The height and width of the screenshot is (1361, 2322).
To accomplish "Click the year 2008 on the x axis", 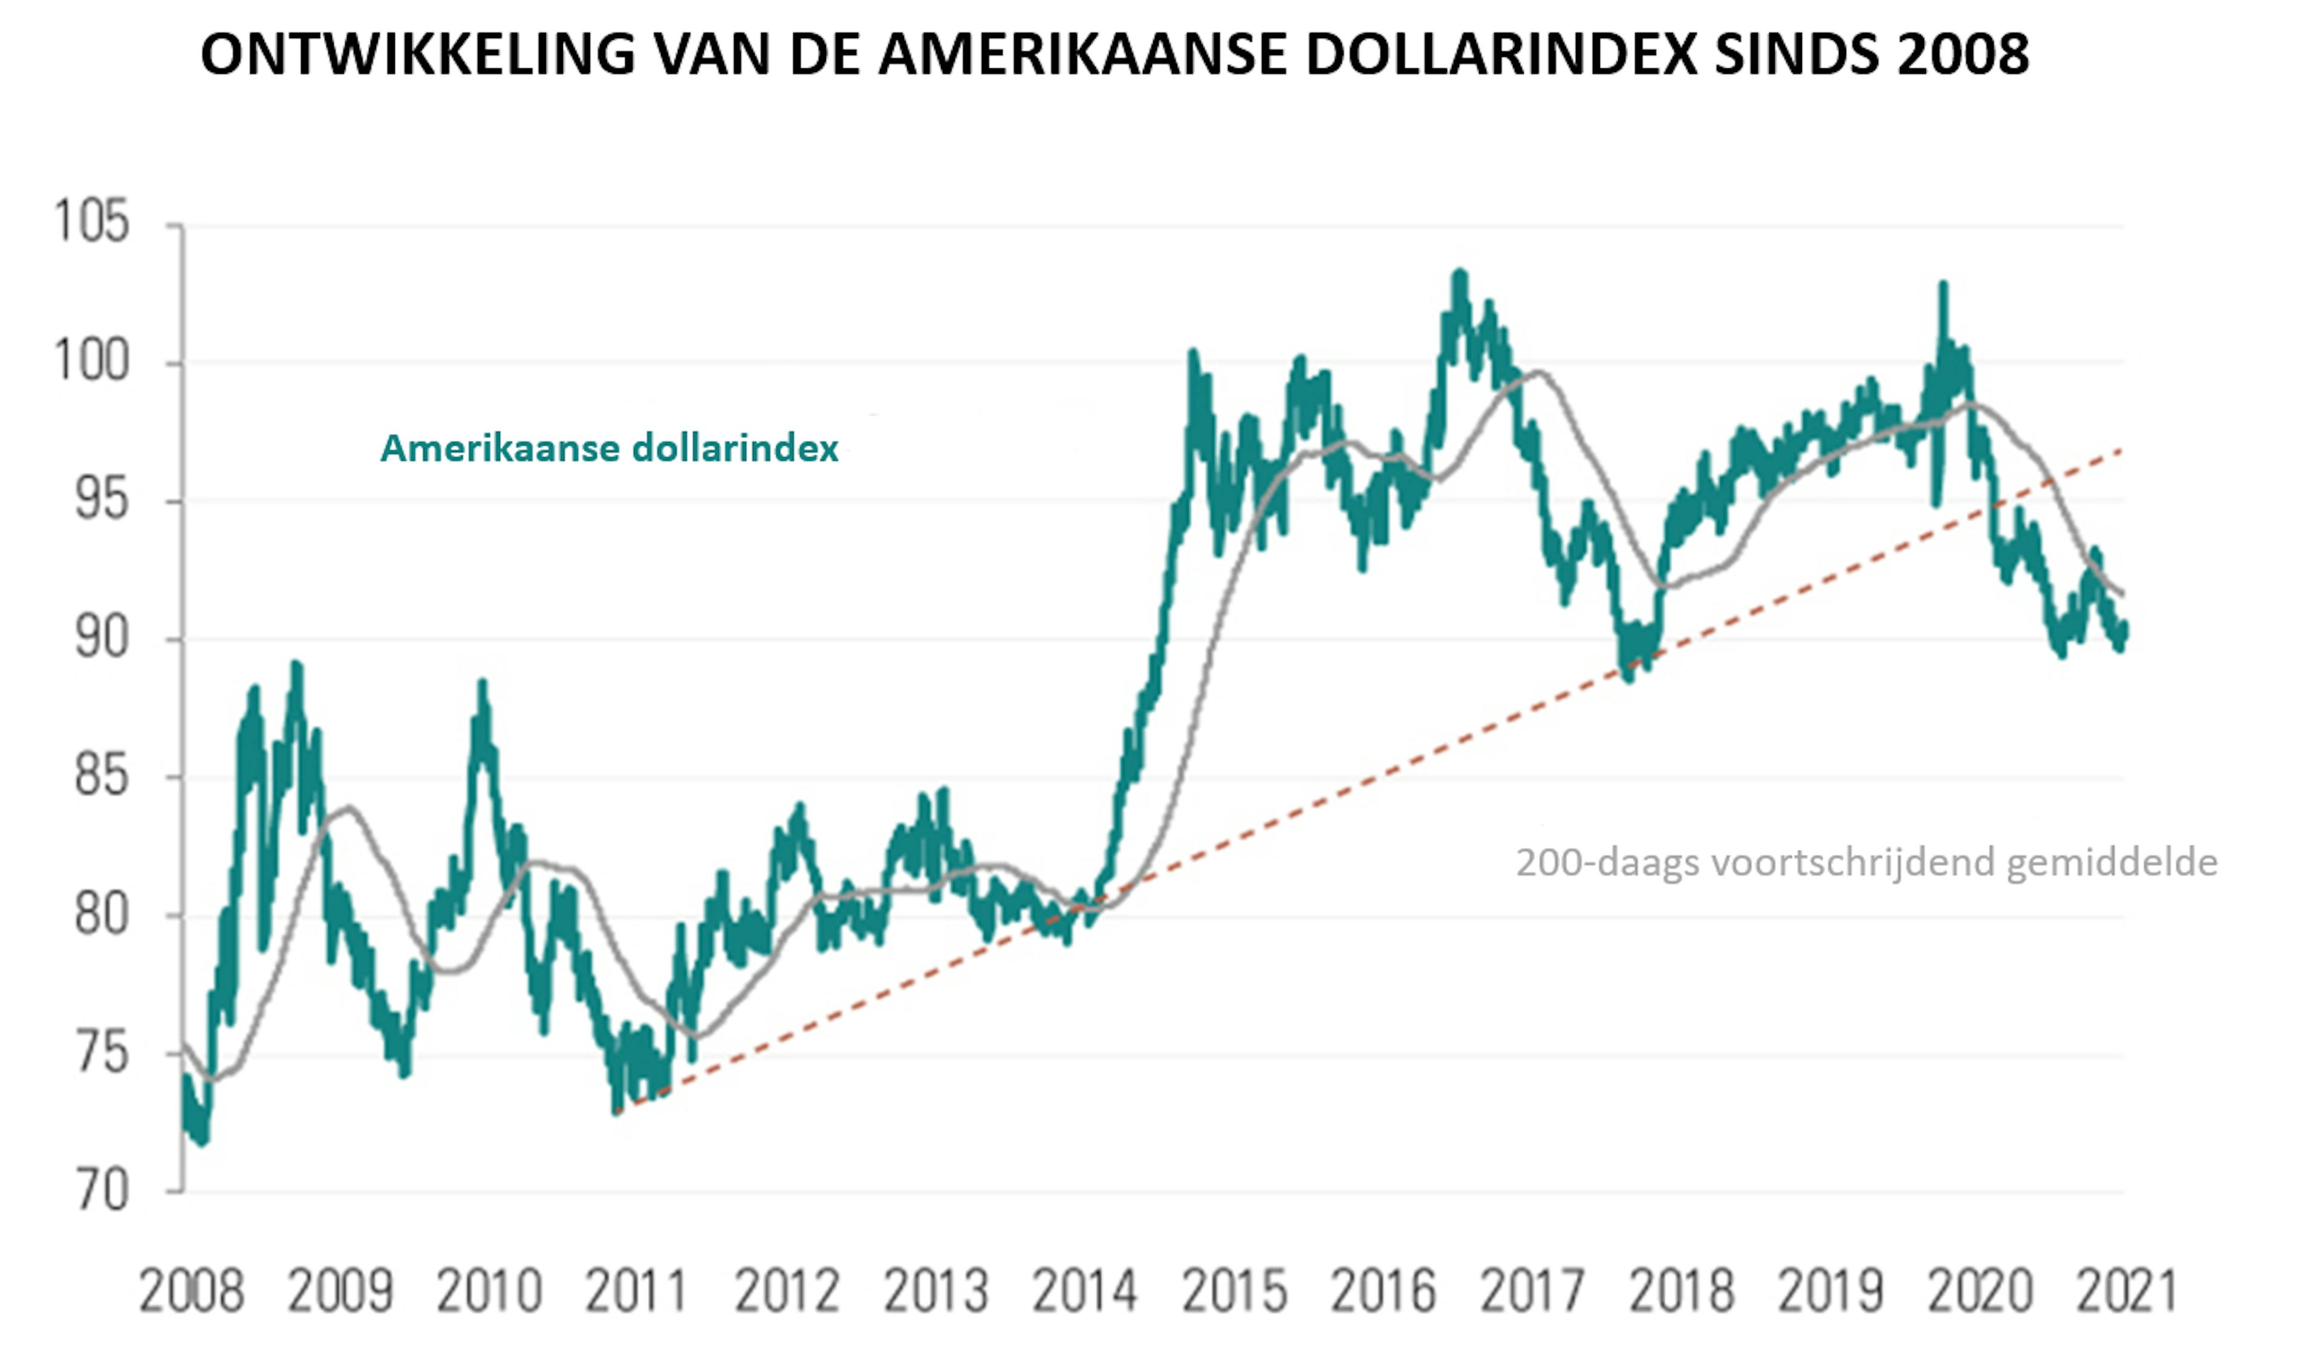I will click(192, 1291).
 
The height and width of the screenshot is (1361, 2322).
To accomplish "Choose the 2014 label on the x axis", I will click(1085, 1291).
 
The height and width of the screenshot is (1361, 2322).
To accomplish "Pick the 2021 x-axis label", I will click(2125, 1291).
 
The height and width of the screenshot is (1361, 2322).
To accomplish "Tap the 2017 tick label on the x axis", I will click(1532, 1291).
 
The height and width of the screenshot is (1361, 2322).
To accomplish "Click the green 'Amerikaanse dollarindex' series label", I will click(609, 449).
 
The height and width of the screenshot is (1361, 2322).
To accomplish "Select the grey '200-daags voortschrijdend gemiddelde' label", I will click(1866, 862).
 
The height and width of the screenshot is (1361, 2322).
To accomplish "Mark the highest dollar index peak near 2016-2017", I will click(1459, 274).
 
